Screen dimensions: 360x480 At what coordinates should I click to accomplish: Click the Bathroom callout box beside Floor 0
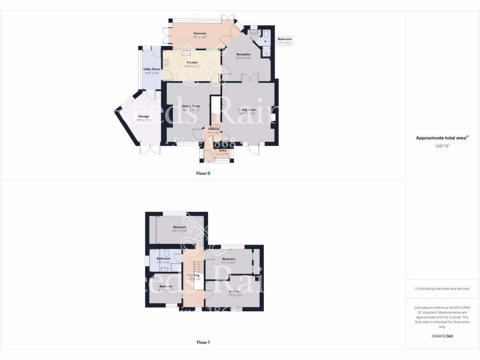click(285, 41)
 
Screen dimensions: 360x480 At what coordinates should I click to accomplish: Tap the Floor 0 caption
click(203, 173)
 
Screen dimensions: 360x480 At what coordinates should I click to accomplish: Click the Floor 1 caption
click(203, 342)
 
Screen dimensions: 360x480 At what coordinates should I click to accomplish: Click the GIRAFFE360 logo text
click(442, 336)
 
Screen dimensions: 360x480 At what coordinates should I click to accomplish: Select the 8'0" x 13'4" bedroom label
click(179, 229)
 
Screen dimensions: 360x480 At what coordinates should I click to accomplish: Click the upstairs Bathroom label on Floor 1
click(163, 260)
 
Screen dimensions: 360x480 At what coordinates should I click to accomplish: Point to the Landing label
click(194, 277)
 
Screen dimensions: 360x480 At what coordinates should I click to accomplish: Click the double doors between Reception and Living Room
click(252, 78)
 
